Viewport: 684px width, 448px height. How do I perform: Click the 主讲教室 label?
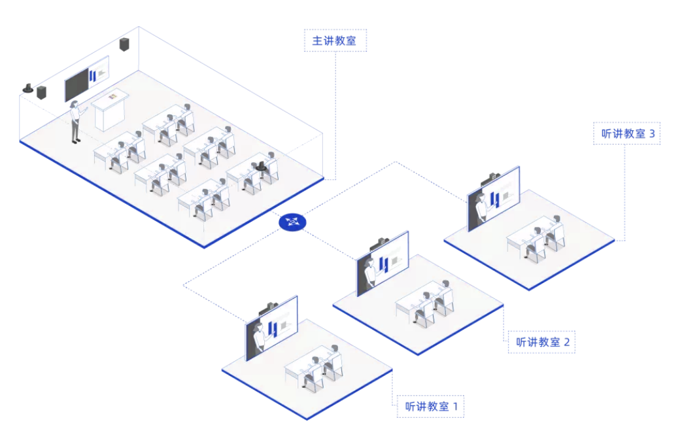point(335,41)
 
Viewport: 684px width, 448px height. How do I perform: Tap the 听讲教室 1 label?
point(430,406)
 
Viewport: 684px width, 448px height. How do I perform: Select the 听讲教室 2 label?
point(541,341)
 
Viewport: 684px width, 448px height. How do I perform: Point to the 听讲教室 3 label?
point(627,134)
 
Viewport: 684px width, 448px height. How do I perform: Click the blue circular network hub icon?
point(292,222)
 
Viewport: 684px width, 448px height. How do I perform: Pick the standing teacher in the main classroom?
point(76,122)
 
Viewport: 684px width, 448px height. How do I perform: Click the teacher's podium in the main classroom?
point(109,111)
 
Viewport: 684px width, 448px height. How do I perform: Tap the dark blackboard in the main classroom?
point(77,83)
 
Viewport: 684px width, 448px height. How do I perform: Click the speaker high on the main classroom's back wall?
point(124,44)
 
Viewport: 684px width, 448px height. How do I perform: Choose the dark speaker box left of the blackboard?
point(42,92)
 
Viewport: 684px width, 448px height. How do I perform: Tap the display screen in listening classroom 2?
point(383,262)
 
